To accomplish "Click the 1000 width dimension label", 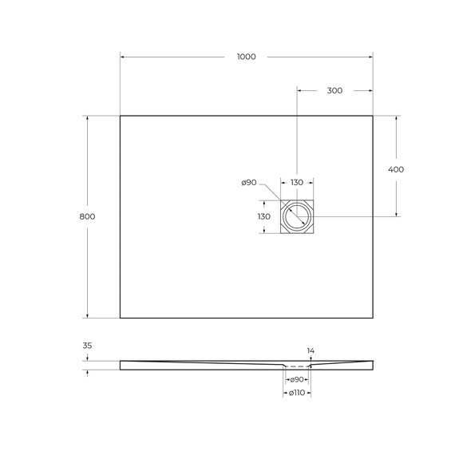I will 246,57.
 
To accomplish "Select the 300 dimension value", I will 334,90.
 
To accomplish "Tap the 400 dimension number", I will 396,169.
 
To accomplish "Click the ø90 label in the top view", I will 248,183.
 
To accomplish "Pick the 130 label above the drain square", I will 297,183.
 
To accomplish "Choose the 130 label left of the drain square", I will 263,216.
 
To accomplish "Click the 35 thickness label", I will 87,346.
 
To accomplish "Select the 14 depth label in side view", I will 311,350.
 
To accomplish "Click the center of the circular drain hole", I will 297,216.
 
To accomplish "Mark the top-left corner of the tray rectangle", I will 121,116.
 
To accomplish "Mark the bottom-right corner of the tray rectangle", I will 373,318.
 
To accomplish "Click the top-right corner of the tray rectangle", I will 373,116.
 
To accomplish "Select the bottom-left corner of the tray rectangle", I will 121,318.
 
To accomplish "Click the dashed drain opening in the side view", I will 297,366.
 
